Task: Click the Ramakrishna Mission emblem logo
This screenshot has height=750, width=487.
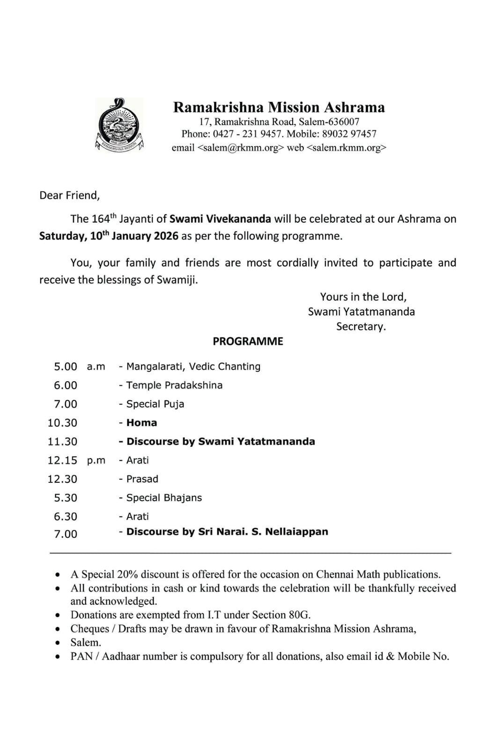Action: [119, 125]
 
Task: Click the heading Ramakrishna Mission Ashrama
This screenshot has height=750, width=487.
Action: [279, 107]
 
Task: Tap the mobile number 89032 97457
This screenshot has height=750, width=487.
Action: [349, 134]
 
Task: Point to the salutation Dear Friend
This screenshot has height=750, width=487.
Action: [69, 195]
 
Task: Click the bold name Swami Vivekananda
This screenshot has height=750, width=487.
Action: [220, 219]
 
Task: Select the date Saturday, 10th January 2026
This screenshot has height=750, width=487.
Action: [109, 236]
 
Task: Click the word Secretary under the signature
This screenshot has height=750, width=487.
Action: [361, 326]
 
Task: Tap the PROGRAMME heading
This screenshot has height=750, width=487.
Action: [248, 341]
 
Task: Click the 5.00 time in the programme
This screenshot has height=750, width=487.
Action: [66, 367]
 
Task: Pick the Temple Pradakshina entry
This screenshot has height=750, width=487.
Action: [174, 385]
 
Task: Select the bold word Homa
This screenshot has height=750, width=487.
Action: [141, 423]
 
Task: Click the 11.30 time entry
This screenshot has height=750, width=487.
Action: [62, 442]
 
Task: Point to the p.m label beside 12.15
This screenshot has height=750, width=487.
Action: [96, 460]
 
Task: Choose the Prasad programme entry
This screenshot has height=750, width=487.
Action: [142, 479]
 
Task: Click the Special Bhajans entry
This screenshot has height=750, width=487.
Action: [164, 498]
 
